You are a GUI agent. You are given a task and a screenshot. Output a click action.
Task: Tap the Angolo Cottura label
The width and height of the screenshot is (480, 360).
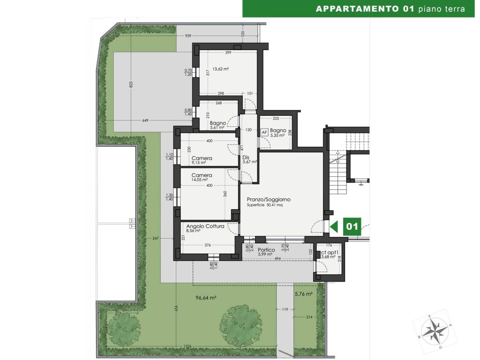click(x=202, y=226)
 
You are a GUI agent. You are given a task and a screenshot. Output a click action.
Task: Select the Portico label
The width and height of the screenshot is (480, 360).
click(x=266, y=250)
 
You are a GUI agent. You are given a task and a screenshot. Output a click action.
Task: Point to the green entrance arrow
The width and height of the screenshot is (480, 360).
click(x=334, y=227)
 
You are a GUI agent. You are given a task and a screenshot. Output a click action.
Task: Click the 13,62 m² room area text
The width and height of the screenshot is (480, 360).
click(x=220, y=69)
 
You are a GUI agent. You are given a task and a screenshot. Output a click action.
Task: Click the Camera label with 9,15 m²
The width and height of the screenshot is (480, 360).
click(x=202, y=158)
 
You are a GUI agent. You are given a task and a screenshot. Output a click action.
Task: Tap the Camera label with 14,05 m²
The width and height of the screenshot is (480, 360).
click(x=202, y=175)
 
